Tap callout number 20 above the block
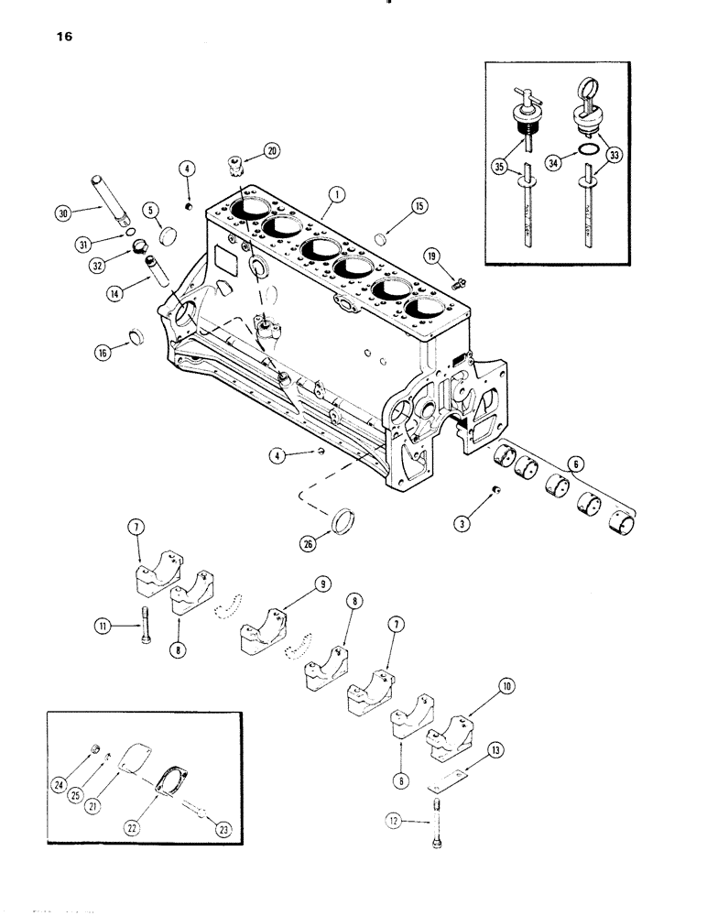pos(272,150)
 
